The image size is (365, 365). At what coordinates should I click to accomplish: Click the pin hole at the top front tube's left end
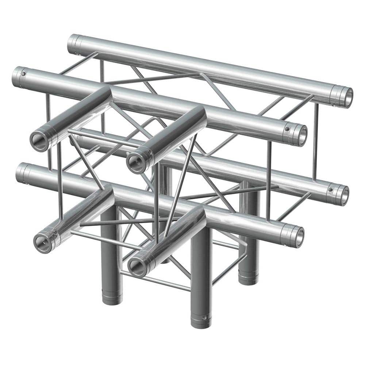tap(24, 74)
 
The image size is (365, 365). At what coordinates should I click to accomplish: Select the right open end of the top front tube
tap(299, 135)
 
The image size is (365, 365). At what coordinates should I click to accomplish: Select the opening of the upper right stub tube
tap(136, 161)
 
